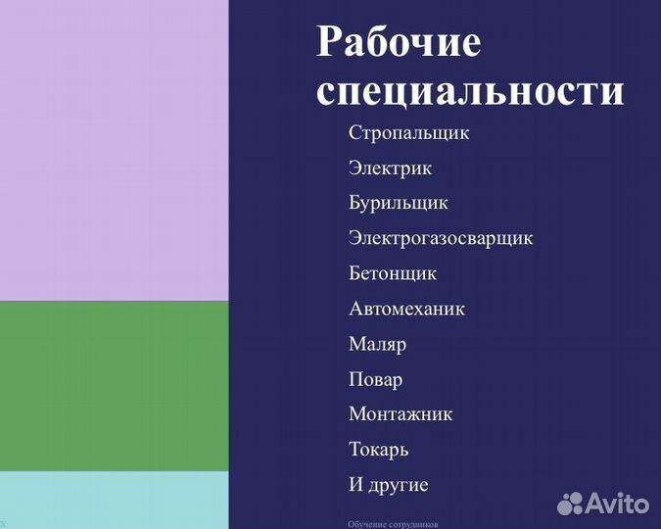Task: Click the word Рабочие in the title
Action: tap(399, 43)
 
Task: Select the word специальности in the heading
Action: tap(470, 92)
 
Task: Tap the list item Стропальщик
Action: tap(408, 132)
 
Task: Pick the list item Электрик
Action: tap(390, 168)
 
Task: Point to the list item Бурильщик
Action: tap(398, 203)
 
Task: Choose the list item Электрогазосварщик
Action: tap(440, 238)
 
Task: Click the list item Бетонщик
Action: tap(392, 273)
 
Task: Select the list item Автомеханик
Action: tap(406, 309)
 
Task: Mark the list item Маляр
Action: tap(377, 344)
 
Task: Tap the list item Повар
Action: tap(375, 379)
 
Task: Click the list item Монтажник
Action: tap(401, 414)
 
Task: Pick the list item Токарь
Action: tap(378, 450)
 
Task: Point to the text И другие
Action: tap(388, 485)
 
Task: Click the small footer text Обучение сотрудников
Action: tap(393, 524)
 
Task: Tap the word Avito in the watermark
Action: tap(618, 504)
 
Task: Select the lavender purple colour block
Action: tap(114, 150)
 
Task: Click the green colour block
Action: tap(114, 386)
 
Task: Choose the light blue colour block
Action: tap(114, 500)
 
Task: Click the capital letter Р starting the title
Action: tap(329, 43)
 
